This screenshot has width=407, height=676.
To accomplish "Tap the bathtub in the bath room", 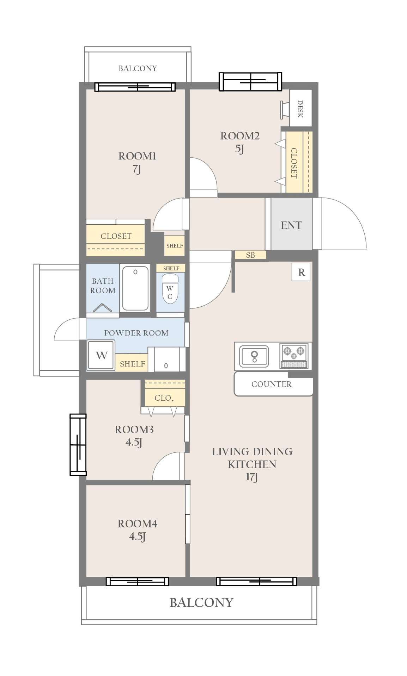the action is (x=135, y=288).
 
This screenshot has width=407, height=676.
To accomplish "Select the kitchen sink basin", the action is (x=254, y=356).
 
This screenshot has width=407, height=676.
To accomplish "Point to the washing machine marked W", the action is (x=101, y=355).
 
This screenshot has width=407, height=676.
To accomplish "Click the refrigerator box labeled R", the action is (x=301, y=272).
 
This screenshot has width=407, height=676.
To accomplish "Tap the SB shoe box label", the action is (x=250, y=255).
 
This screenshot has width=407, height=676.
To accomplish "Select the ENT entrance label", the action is (x=291, y=225).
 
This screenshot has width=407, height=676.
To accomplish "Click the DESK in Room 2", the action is (x=300, y=108).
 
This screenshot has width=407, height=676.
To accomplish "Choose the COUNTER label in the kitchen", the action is (x=272, y=384).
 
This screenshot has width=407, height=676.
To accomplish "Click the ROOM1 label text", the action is (x=137, y=156).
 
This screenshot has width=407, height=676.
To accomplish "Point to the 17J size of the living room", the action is (x=252, y=477).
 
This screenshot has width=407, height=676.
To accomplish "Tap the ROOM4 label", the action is (x=138, y=524).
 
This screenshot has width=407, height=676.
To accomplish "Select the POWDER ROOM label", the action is (x=136, y=333).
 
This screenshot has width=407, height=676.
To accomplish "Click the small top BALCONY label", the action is (x=138, y=68).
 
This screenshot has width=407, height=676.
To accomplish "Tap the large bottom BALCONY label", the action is (x=201, y=602).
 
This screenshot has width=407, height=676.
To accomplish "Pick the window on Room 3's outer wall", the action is (x=78, y=445).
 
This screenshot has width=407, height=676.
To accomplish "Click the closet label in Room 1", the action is (x=116, y=236).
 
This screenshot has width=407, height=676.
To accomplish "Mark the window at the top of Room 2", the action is (x=250, y=82).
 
